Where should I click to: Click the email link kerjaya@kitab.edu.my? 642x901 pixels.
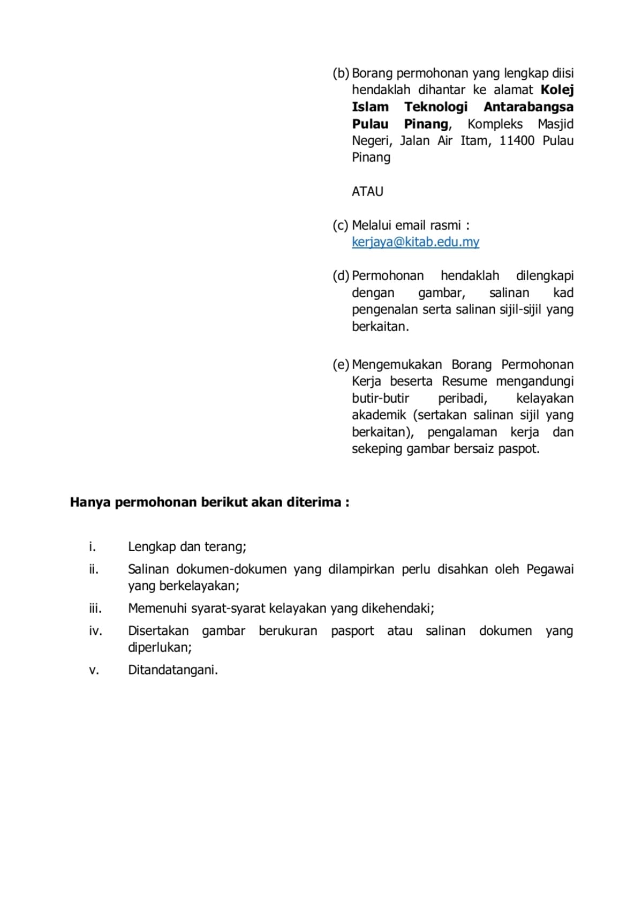[415, 242]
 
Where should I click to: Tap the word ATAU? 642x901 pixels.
[367, 192]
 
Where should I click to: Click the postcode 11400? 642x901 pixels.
[517, 141]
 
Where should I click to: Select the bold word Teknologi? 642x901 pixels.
[435, 107]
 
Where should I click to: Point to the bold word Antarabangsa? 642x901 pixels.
[528, 107]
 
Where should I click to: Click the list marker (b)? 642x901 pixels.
[341, 73]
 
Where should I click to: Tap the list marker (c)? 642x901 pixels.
[341, 226]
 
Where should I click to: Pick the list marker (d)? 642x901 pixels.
[341, 276]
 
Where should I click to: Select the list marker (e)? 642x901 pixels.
[341, 365]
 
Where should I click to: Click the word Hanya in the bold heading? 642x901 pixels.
[90, 502]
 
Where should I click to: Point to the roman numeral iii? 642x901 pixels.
[95, 609]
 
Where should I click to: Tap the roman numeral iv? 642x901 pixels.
[95, 631]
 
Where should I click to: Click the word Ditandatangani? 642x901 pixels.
[172, 670]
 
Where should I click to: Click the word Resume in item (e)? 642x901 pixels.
[464, 381]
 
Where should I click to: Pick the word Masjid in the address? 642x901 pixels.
[555, 124]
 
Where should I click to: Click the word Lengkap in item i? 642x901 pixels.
[152, 547]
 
